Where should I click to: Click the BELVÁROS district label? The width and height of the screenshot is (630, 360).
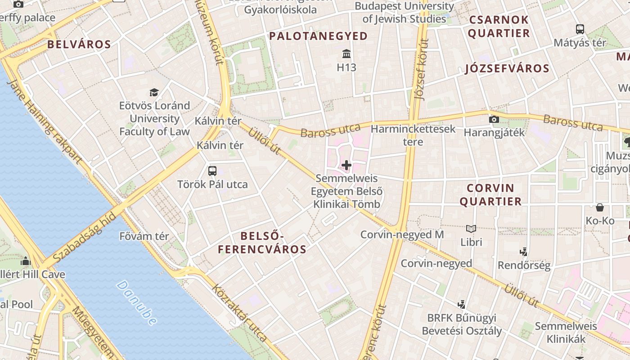point(79,44)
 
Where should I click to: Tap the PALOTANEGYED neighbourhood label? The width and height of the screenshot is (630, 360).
point(318,36)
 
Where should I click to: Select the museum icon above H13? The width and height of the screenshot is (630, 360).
point(346,54)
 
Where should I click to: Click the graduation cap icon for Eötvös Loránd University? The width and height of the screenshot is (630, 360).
point(154,92)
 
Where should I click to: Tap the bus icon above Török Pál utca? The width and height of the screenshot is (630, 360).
point(212,171)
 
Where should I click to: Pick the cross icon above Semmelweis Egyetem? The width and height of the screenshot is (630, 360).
point(346,165)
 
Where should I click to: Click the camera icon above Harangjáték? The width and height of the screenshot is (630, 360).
point(494,119)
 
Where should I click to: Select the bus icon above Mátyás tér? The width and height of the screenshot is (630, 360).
point(580,29)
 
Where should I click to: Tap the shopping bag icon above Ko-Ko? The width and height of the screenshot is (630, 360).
point(600,207)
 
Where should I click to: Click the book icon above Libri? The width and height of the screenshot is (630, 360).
point(471,229)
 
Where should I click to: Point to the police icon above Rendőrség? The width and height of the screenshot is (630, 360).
point(524,252)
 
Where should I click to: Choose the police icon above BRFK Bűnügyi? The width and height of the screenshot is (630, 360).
point(461,305)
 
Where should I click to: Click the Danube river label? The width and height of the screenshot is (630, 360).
point(137,302)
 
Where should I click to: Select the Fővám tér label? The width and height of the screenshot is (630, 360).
point(144,236)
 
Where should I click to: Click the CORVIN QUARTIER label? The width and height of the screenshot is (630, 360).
point(490,194)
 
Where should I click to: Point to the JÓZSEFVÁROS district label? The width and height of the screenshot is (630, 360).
point(507,68)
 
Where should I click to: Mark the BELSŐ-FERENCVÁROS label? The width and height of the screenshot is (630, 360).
point(262,243)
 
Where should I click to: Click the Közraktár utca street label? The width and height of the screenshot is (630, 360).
point(240,313)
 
